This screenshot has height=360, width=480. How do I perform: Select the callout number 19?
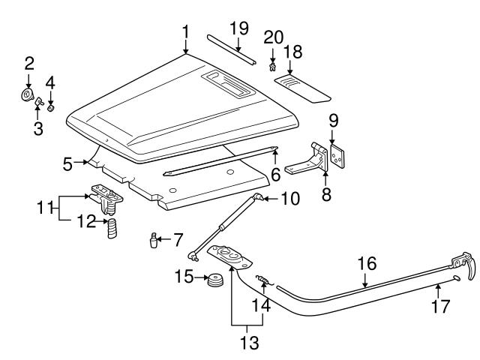coord(238,28)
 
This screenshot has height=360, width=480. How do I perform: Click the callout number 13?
coord(247,344)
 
